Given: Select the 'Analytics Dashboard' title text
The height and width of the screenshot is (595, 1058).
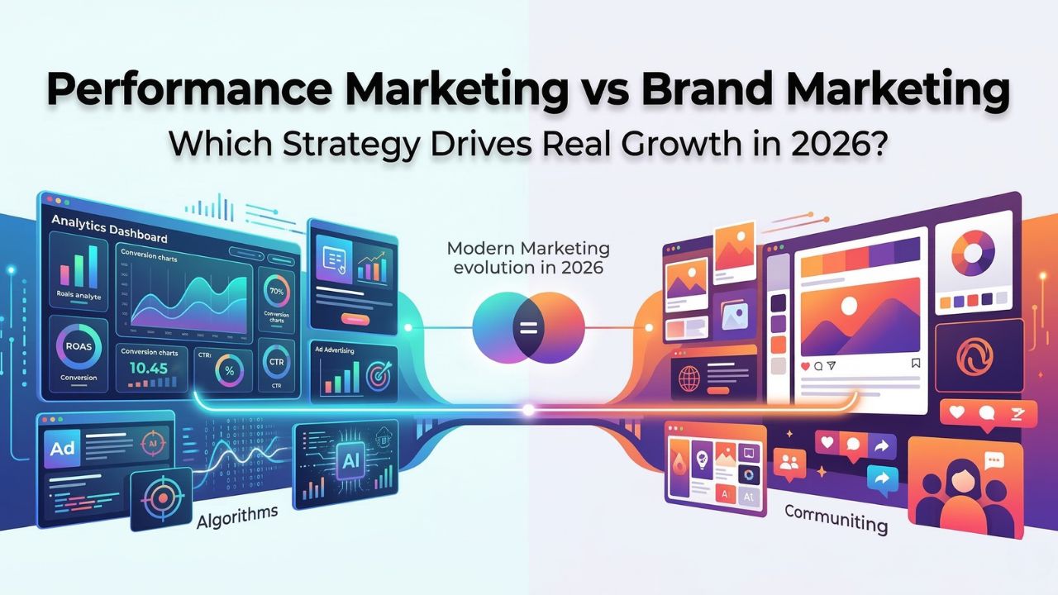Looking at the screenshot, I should pyautogui.click(x=109, y=228).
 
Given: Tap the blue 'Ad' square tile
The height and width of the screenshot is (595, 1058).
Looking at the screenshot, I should pyautogui.click(x=64, y=449).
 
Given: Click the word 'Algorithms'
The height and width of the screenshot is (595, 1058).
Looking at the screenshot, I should pyautogui.click(x=238, y=518).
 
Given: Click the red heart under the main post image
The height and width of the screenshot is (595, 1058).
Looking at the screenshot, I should pyautogui.click(x=803, y=364).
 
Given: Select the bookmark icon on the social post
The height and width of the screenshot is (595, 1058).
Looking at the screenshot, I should pyautogui.click(x=915, y=364).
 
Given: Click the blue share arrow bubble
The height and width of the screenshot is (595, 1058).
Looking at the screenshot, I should pyautogui.click(x=884, y=478).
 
